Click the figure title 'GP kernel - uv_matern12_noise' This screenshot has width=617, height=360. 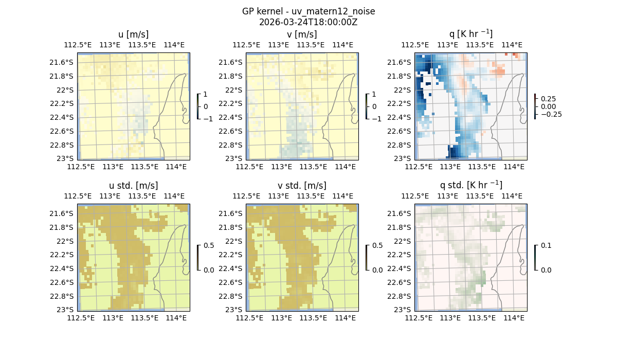(x=308, y=11)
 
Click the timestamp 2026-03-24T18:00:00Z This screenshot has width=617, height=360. (x=308, y=22)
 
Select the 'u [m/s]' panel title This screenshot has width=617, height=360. (x=133, y=34)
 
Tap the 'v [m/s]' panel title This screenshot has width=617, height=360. (x=302, y=34)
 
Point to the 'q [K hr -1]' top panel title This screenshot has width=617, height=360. (x=470, y=34)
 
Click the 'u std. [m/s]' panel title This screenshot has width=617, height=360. (x=133, y=186)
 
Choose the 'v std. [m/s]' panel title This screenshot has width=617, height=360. (x=302, y=186)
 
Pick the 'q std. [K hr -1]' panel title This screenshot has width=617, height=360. (x=470, y=185)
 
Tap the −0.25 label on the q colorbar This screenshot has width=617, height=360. (x=551, y=114)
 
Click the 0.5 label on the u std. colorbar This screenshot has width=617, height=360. (x=209, y=246)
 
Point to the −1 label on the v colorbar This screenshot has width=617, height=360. (x=376, y=118)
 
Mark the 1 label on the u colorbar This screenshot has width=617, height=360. (x=206, y=95)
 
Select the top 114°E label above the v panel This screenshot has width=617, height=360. (x=343, y=45)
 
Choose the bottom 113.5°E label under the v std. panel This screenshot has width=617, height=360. (x=313, y=318)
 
